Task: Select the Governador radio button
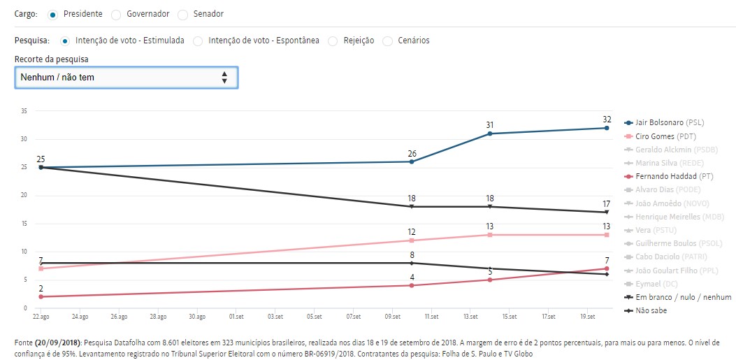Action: (116, 14)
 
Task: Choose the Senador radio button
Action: (183, 14)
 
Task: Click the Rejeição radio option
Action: (333, 41)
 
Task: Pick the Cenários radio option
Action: (388, 41)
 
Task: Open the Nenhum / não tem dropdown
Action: (127, 78)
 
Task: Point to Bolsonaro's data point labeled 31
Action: (490, 134)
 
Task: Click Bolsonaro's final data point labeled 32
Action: (607, 128)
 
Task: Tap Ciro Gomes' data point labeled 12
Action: (412, 240)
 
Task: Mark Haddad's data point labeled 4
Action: (412, 285)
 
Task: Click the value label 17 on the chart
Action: (607, 203)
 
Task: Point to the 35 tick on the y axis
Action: (24, 111)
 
